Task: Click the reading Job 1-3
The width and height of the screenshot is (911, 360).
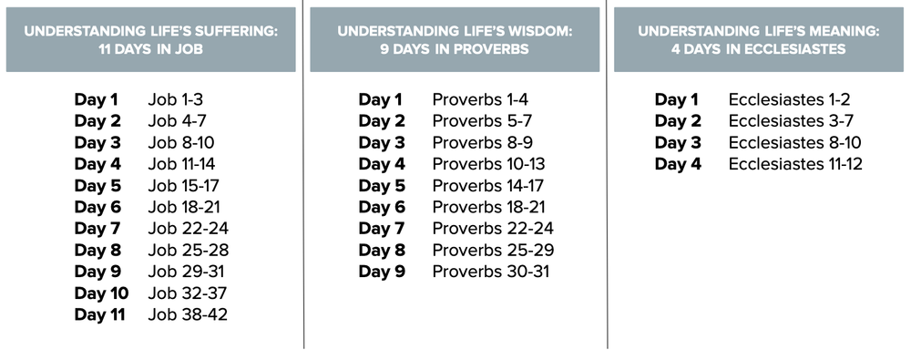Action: [175, 99]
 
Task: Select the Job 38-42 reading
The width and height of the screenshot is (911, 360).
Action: [188, 314]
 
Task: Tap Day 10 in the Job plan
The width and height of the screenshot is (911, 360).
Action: [101, 293]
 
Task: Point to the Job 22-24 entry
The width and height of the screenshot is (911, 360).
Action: [189, 229]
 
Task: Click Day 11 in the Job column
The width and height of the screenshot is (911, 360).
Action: [99, 314]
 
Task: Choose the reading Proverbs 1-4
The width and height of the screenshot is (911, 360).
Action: [480, 99]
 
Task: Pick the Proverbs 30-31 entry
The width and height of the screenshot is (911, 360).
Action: [491, 272]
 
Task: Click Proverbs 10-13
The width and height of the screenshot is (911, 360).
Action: [489, 164]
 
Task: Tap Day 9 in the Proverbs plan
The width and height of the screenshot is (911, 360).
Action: [382, 272]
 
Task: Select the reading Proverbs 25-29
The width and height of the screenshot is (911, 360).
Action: [493, 250]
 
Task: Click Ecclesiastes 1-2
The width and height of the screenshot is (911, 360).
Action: [790, 99]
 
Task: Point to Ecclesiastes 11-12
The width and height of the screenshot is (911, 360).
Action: [795, 164]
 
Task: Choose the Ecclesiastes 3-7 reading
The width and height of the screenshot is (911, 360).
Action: [792, 121]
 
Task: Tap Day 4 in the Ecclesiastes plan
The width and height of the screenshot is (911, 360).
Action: [678, 164]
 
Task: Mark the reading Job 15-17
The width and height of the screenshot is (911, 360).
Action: [184, 186]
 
